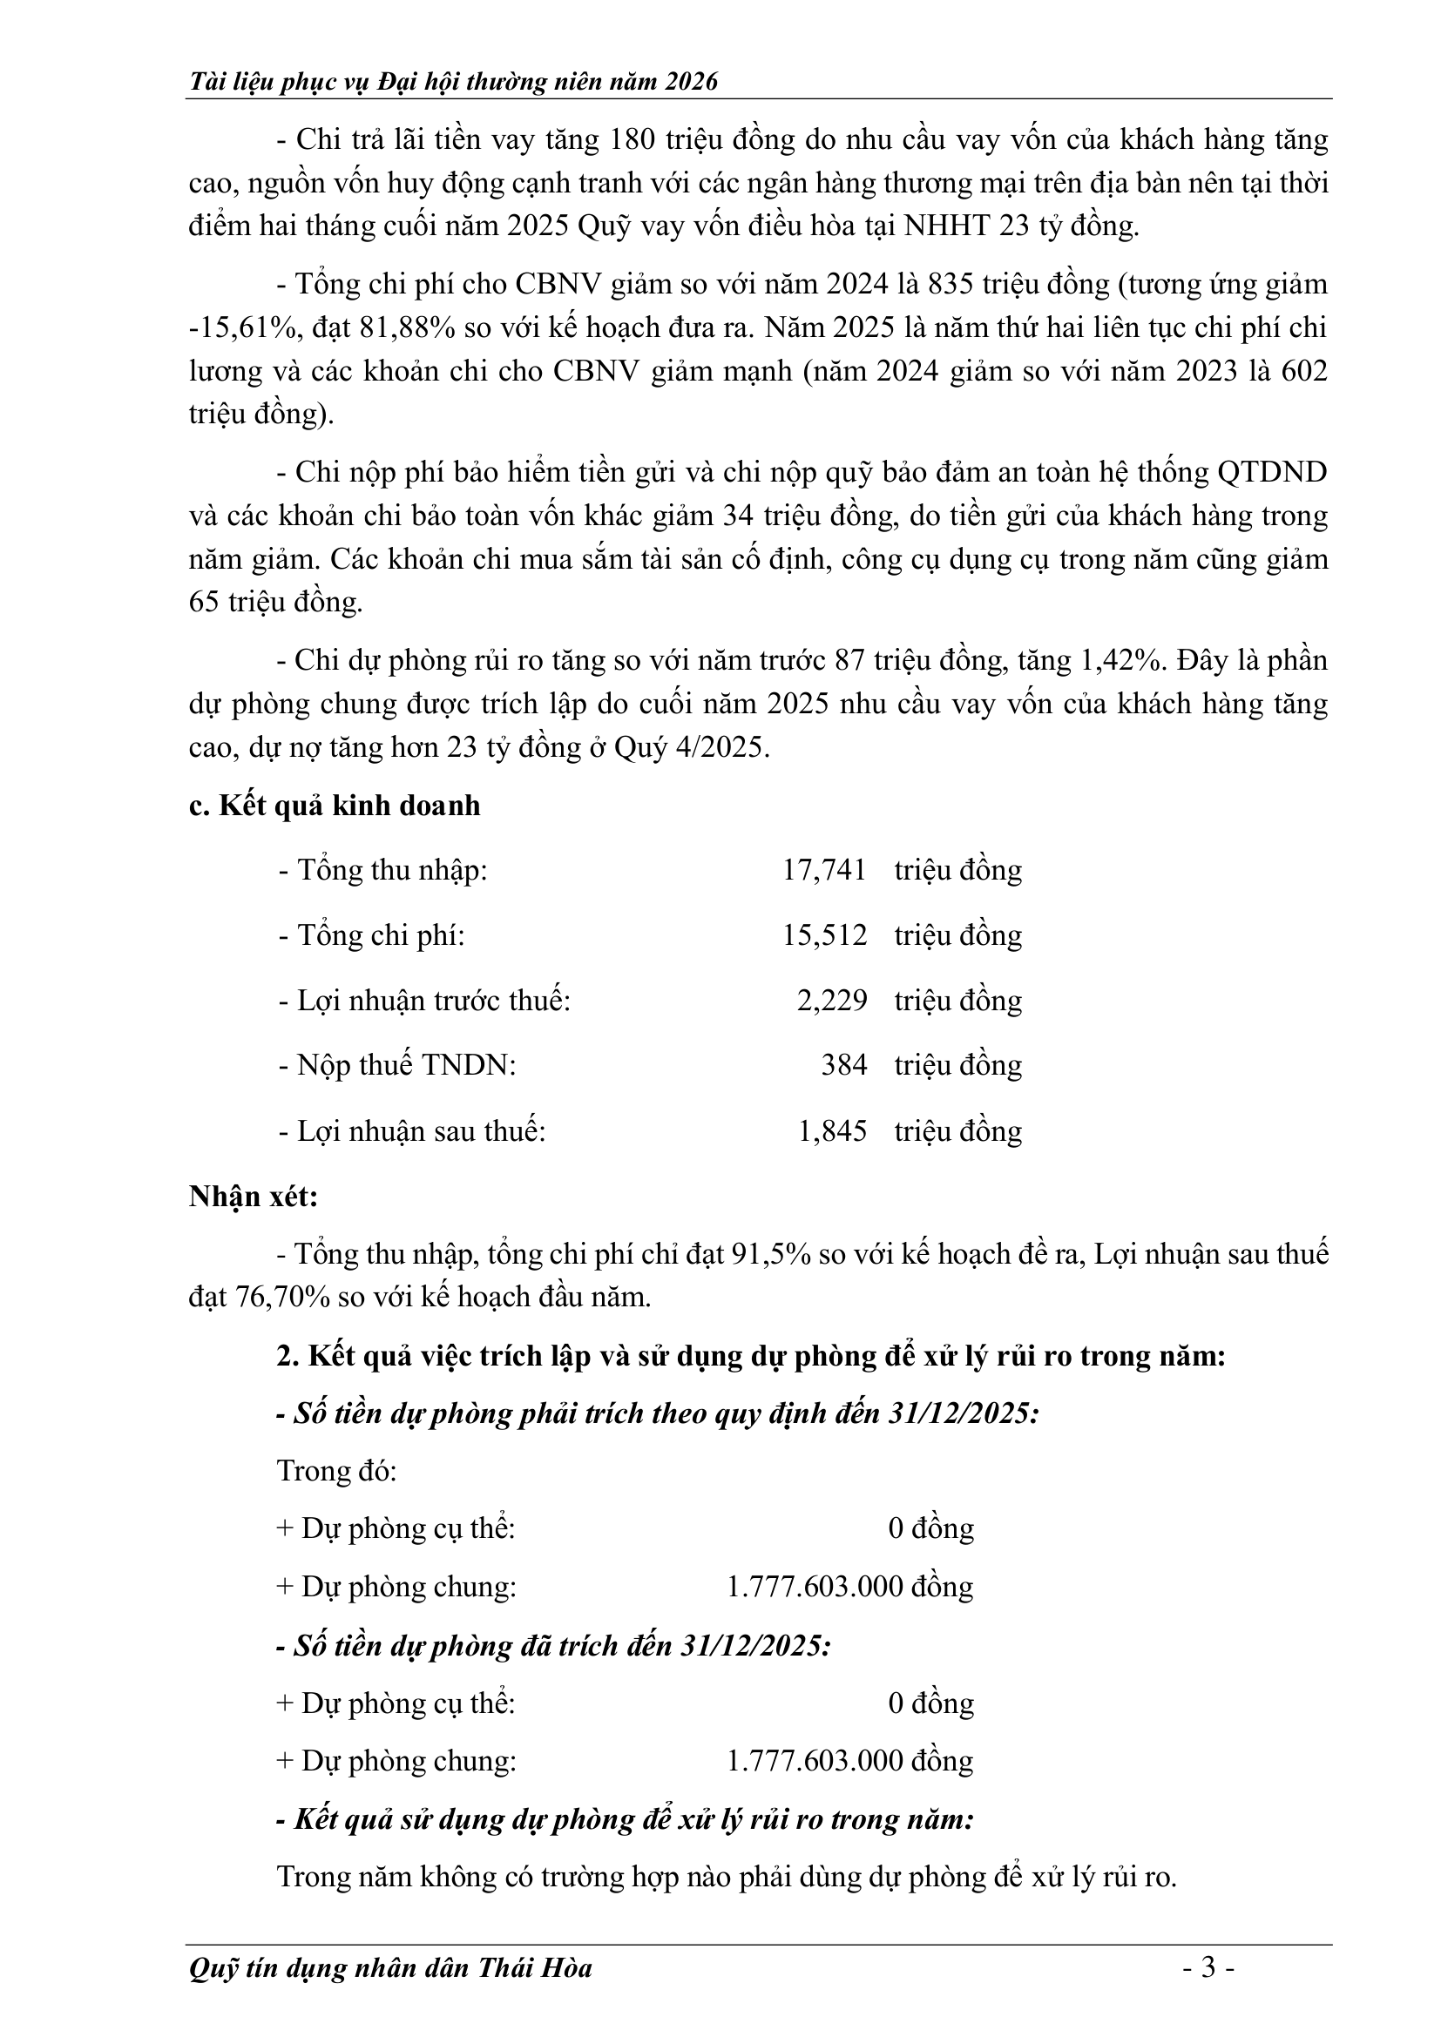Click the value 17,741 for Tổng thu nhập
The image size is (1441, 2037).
[x=823, y=870]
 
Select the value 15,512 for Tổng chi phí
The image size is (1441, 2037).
[x=823, y=936]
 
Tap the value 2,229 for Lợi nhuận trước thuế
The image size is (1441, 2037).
[x=831, y=1001]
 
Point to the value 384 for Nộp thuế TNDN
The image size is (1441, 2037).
[x=843, y=1064]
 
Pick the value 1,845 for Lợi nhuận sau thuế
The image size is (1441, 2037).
[x=831, y=1131]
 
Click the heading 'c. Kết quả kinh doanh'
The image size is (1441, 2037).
[x=335, y=806]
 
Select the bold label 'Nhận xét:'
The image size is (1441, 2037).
[x=254, y=1197]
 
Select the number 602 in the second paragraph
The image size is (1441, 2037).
[x=1303, y=371]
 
